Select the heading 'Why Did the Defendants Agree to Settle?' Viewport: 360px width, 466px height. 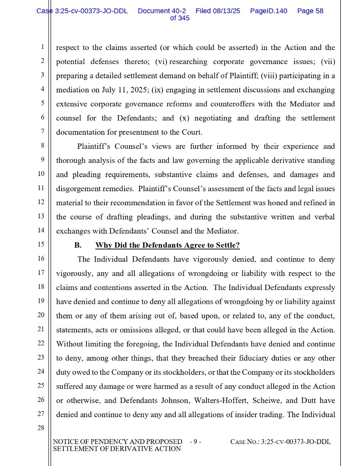pyautogui.click(x=167, y=245)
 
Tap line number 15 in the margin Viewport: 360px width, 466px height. pyautogui.click(x=41, y=244)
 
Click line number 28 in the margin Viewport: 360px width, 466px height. pyautogui.click(x=41, y=428)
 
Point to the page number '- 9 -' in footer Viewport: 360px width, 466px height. pyautogui.click(x=195, y=442)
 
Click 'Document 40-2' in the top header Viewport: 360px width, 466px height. pyautogui.click(x=162, y=11)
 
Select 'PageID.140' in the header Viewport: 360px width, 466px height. pyautogui.click(x=268, y=11)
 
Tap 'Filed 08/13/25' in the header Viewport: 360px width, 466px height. pyautogui.click(x=218, y=11)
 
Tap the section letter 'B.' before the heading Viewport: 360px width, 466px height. pyautogui.click(x=78, y=245)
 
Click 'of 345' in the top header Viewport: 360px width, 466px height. pyautogui.click(x=180, y=18)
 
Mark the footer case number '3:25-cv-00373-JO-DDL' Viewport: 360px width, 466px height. pyautogui.click(x=296, y=442)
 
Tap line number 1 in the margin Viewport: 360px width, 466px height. pyautogui.click(x=42, y=47)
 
